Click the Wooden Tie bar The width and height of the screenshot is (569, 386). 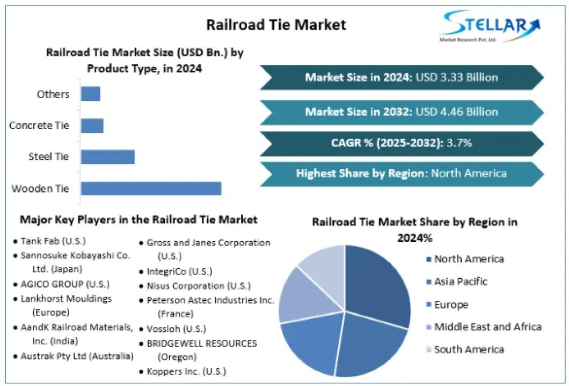(x=151, y=188)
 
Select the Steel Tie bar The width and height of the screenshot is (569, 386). (x=107, y=157)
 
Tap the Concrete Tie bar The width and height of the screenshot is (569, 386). (x=92, y=125)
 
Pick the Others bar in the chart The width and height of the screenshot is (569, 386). (x=90, y=94)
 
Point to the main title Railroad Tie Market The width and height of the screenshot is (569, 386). (x=276, y=25)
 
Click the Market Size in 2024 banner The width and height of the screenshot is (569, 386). (x=402, y=77)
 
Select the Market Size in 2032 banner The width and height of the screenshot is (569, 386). (x=402, y=112)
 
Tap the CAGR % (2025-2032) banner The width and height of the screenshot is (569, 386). (x=402, y=143)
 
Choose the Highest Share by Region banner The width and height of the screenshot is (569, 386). (x=402, y=174)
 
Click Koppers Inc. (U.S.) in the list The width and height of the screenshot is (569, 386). (x=186, y=371)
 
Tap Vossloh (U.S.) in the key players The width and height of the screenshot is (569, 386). (x=176, y=329)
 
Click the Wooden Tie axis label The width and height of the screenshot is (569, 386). (x=40, y=189)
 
